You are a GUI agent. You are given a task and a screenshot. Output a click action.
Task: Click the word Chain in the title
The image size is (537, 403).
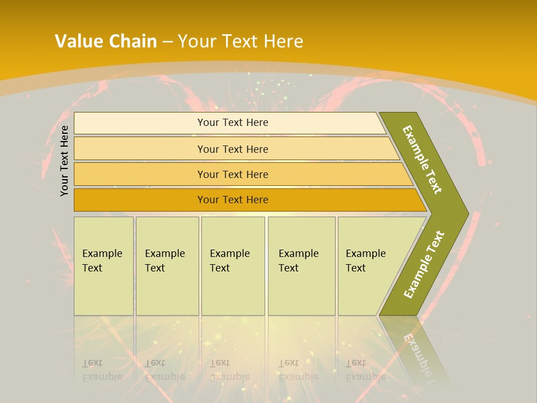coord(133,41)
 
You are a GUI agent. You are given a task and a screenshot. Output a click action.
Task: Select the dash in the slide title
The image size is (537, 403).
coord(167,42)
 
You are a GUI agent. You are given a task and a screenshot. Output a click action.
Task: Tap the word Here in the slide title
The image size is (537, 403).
coord(283,41)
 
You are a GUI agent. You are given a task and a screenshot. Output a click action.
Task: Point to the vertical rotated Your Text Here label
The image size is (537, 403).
coord(64,161)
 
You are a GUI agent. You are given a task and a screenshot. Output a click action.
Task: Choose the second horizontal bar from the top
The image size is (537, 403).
coord(232,149)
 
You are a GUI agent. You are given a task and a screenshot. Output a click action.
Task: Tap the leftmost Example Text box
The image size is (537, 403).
coord(103,266)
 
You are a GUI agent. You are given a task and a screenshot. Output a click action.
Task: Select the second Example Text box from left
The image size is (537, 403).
coord(167,266)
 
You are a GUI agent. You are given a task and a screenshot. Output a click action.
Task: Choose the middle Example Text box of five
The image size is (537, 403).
coord(233,266)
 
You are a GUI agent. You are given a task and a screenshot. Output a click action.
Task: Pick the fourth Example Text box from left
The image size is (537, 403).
coord(302,266)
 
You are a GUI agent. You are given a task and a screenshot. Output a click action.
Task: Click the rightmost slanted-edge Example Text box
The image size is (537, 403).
coord(369,266)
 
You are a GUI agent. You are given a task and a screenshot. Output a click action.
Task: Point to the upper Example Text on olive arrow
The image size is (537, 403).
coord(422,160)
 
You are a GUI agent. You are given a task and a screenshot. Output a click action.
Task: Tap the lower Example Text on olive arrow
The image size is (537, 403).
coord(424,264)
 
